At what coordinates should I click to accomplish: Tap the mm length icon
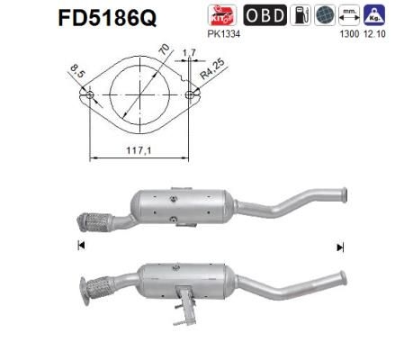349,16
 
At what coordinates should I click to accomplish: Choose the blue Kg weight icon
372,16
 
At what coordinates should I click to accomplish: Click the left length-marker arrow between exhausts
82,246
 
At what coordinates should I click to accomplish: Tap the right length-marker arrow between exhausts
340,246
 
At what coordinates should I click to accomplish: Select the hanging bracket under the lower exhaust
186,303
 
